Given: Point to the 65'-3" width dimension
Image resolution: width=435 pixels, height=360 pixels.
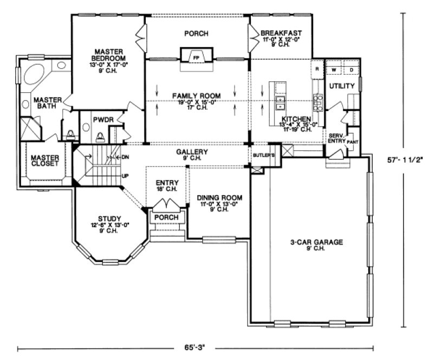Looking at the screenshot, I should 197,344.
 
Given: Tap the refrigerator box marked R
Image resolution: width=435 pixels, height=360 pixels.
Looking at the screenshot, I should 316,70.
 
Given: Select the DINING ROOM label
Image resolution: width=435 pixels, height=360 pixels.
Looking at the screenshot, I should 219,197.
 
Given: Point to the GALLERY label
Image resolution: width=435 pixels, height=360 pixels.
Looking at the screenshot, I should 192,152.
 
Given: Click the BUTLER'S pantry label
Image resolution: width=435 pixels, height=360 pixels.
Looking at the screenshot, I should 264,155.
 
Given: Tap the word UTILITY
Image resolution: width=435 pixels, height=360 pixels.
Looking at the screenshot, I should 342,86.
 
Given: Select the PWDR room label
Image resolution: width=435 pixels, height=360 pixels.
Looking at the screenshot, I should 102,117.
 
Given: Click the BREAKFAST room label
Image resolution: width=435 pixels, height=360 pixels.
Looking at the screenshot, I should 281,33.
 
